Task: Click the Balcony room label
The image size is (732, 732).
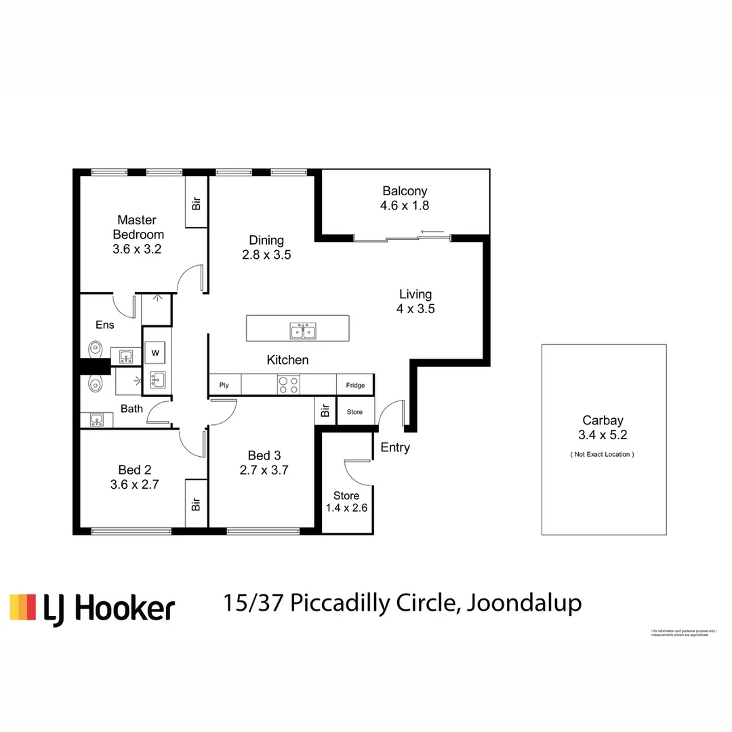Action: tap(405, 191)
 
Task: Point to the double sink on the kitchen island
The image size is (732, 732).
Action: tap(303, 331)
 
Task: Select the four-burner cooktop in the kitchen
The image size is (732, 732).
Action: tap(289, 385)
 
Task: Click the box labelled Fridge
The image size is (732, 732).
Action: tap(355, 385)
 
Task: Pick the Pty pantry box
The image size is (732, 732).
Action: tap(224, 385)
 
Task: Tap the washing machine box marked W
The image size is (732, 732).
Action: tap(155, 352)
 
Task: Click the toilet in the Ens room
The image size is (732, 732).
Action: tap(94, 350)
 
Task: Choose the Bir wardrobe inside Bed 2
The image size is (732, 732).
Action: tap(196, 504)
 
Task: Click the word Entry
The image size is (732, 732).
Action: tap(395, 447)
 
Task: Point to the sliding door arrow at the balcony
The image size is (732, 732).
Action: tap(432, 232)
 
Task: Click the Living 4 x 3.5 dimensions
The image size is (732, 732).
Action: tap(415, 308)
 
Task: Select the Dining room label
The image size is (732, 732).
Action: tap(266, 240)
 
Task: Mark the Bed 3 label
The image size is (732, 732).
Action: tap(264, 455)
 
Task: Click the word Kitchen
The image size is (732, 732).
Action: tap(287, 360)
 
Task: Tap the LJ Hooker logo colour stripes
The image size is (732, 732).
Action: tap(22, 607)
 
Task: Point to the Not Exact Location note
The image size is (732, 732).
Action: tap(602, 454)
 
